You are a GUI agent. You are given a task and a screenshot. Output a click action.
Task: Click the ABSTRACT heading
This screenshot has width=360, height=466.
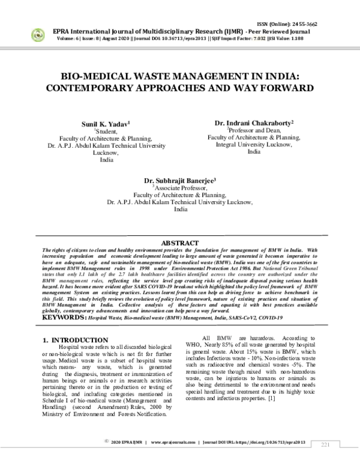coord(179,243)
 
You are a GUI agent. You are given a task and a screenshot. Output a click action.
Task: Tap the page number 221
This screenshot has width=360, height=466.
coord(326,444)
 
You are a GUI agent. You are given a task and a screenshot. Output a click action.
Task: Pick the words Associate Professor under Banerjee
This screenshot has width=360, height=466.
coord(181,187)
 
